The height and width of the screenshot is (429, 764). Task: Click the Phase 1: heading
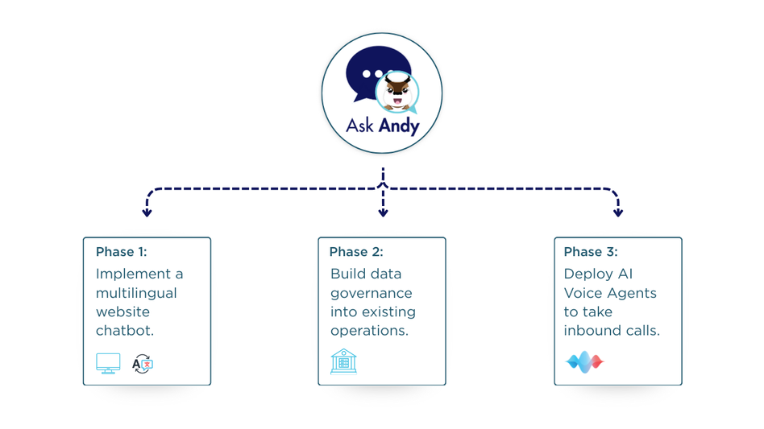[x=122, y=251]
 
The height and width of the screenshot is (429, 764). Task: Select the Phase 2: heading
[x=356, y=251]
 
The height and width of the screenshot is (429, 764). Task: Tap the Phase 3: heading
[x=591, y=251]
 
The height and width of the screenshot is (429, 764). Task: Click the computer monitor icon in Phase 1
[x=108, y=363]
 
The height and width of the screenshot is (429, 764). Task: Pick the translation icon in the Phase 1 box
[x=143, y=364]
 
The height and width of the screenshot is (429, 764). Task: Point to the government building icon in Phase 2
[x=343, y=361]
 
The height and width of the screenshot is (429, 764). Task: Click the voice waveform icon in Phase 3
[x=585, y=362]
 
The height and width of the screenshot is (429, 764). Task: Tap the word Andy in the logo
[x=399, y=126]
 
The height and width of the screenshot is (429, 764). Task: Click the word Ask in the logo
[x=359, y=126]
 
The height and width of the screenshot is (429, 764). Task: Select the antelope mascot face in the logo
[x=397, y=92]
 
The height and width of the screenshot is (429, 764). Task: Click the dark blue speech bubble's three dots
[x=373, y=74]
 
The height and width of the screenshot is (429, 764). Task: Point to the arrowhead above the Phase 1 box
[x=147, y=212]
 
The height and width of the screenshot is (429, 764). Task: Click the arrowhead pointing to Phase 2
[x=383, y=212]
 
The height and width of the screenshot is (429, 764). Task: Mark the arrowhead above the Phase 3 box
[x=618, y=212]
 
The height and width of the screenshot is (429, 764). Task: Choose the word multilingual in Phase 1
[x=136, y=293]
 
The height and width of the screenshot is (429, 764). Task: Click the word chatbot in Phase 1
[x=125, y=331]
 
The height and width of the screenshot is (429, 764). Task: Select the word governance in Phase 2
[x=372, y=294]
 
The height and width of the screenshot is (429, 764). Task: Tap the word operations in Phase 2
[x=369, y=332]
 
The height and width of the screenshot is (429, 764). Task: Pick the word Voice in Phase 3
[x=582, y=293]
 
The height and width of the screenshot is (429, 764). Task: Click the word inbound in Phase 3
[x=588, y=331]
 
